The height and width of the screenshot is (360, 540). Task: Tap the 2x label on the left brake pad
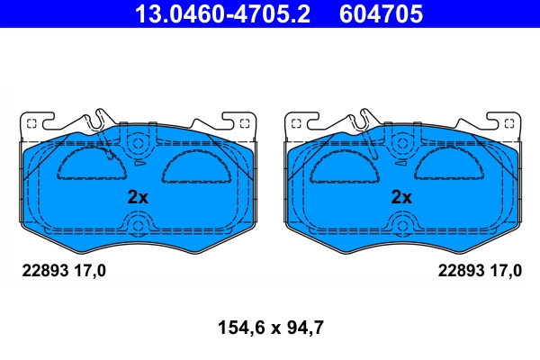(x=137, y=196)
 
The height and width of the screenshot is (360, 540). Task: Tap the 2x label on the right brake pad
(x=401, y=196)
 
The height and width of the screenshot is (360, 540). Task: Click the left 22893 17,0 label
(x=63, y=270)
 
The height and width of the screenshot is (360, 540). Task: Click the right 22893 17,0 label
(x=479, y=270)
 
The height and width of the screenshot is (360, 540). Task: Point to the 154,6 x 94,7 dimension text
(x=270, y=328)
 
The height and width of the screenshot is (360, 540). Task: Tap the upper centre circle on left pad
(x=137, y=142)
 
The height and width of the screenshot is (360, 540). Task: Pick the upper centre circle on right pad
(x=401, y=142)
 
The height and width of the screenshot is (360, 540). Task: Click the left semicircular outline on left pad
(x=86, y=166)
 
